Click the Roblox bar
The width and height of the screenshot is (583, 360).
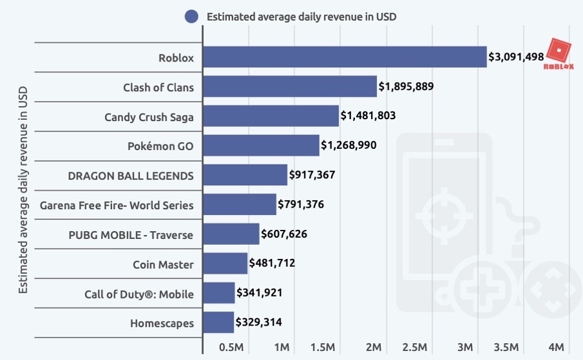[345, 57]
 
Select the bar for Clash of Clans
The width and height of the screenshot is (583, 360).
[290, 87]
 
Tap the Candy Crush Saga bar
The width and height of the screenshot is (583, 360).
[271, 117]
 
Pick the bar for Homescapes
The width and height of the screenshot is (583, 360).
[218, 322]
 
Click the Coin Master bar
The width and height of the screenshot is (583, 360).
[225, 264]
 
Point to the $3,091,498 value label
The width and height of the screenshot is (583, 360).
[516, 57]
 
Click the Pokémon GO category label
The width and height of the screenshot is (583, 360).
[160, 146]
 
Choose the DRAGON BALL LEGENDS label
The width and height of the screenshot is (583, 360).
[131, 175]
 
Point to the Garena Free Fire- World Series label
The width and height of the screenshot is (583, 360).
[117, 205]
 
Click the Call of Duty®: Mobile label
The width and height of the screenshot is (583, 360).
[139, 294]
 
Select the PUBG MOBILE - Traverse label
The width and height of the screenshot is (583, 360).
[131, 234]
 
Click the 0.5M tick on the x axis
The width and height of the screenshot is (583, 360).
[231, 348]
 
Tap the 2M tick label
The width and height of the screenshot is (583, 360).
[373, 348]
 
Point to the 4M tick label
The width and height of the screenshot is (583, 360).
[557, 348]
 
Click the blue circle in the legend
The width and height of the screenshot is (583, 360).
[191, 17]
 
